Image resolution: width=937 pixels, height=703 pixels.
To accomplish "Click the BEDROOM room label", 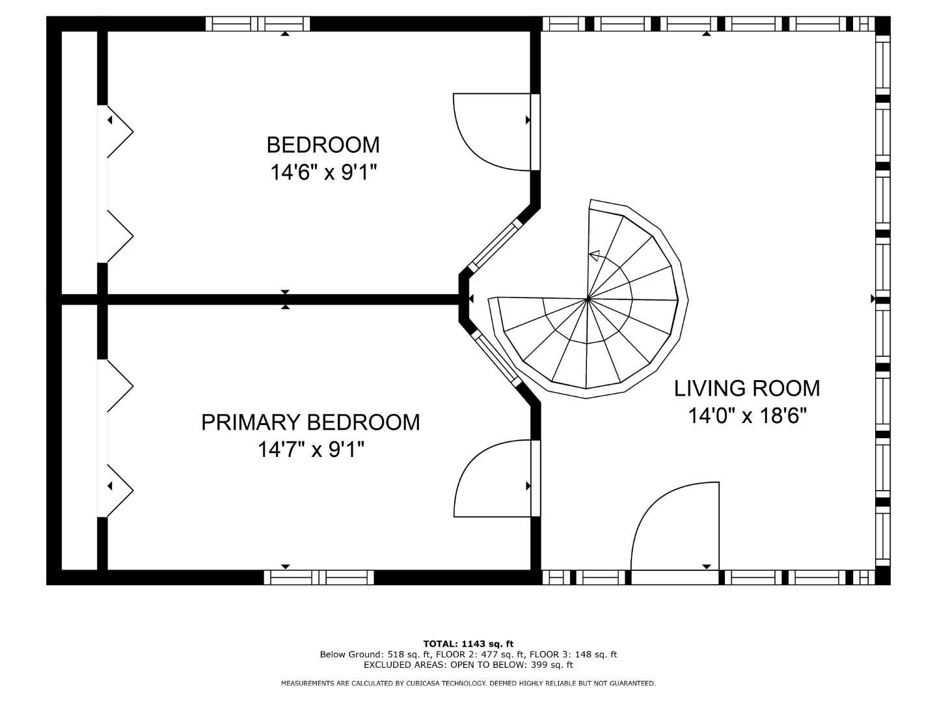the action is click(x=323, y=145).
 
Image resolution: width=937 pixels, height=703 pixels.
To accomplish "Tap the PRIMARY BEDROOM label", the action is click(x=310, y=422).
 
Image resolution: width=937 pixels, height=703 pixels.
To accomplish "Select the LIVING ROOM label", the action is click(x=747, y=389).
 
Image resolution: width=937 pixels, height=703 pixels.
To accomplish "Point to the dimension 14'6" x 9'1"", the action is click(x=324, y=173).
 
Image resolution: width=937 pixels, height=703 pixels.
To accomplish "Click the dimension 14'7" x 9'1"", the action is click(x=311, y=449).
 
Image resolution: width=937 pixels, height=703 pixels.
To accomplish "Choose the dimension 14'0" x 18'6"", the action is click(x=748, y=416).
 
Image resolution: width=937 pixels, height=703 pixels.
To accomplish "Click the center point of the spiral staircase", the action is click(x=588, y=299).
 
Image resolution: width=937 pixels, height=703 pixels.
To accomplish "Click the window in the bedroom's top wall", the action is click(x=258, y=24).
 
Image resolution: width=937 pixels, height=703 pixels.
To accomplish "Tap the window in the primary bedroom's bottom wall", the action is click(x=319, y=577).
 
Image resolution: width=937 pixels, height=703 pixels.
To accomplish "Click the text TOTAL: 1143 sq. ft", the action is click(x=468, y=644).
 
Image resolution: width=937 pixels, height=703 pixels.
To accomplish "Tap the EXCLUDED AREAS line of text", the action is click(x=468, y=665).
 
